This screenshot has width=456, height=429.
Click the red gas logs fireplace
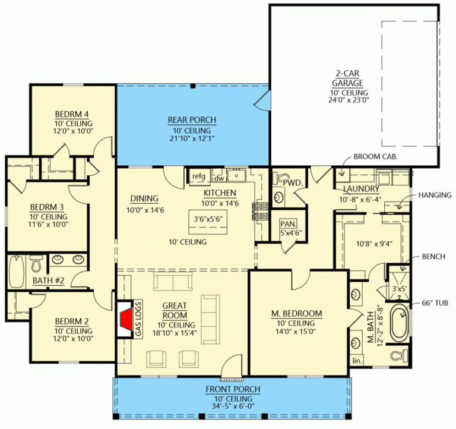[x=125, y=322]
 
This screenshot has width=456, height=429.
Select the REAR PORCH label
[x=192, y=120]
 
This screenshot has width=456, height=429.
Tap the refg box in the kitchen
[x=198, y=176]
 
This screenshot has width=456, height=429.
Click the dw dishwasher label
[x=218, y=178]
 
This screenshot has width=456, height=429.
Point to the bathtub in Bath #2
[x=16, y=274]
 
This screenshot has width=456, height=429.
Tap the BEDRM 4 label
[x=72, y=114]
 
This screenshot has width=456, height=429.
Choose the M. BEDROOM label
[x=297, y=314]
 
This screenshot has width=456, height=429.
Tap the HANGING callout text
[x=435, y=195]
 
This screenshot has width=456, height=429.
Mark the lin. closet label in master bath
[x=356, y=361]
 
